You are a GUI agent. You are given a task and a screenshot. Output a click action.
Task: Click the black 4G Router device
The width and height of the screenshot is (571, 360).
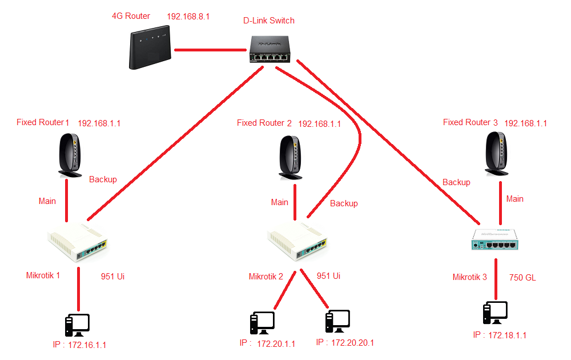tap(150, 50)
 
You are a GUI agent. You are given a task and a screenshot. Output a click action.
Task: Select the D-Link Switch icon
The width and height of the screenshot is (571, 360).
tap(270, 49)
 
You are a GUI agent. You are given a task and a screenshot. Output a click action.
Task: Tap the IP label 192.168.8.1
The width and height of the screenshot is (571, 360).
tap(188, 17)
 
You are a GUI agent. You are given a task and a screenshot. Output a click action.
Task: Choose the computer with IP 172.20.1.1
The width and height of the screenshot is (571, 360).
tap(262, 323)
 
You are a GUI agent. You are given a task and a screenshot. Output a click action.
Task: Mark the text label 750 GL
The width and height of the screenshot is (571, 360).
tap(522, 278)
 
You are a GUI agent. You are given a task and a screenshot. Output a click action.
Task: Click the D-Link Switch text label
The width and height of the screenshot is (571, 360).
tap(269, 21)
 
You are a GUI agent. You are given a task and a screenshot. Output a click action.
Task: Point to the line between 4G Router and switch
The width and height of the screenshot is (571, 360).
tap(210, 50)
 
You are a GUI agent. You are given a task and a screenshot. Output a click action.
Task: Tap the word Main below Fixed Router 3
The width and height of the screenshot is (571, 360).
tap(514, 199)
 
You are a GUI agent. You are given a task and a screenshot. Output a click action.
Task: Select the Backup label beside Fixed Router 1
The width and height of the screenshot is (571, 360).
tap(103, 179)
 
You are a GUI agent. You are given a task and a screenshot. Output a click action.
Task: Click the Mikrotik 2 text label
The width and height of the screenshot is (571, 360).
tap(266, 277)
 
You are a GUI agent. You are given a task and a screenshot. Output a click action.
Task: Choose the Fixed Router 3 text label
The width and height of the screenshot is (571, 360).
tap(470, 122)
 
